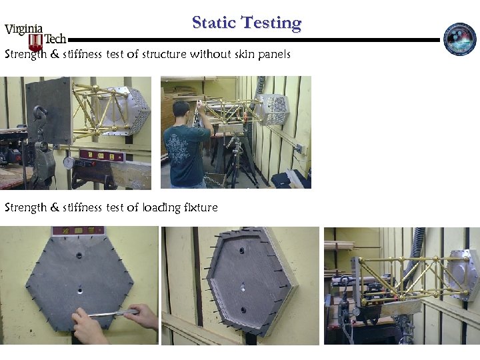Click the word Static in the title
216,23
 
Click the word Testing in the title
271,23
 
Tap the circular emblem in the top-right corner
460,39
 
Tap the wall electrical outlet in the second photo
299,147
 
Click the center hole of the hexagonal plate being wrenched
79,290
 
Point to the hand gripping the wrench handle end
141,316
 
